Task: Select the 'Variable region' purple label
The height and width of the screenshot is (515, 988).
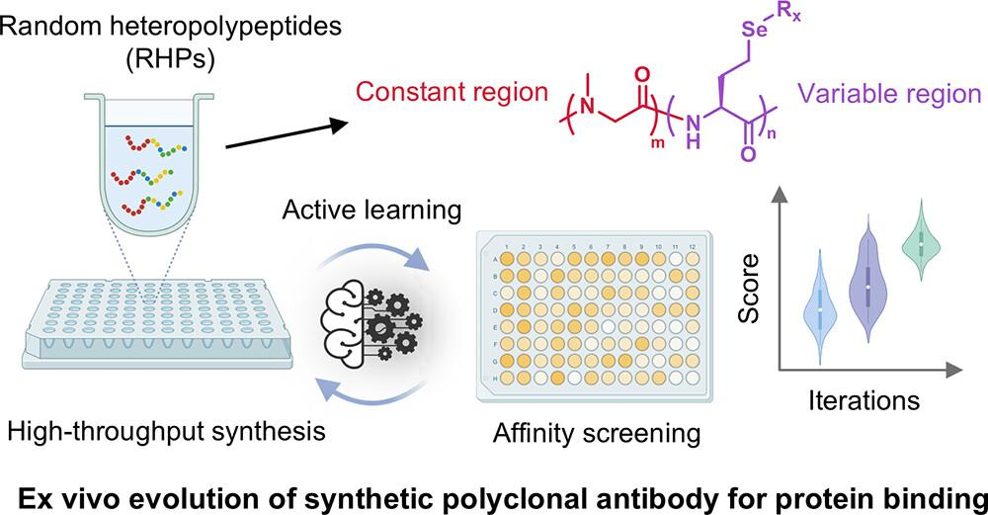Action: (x=889, y=94)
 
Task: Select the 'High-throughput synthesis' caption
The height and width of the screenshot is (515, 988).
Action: (x=162, y=431)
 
